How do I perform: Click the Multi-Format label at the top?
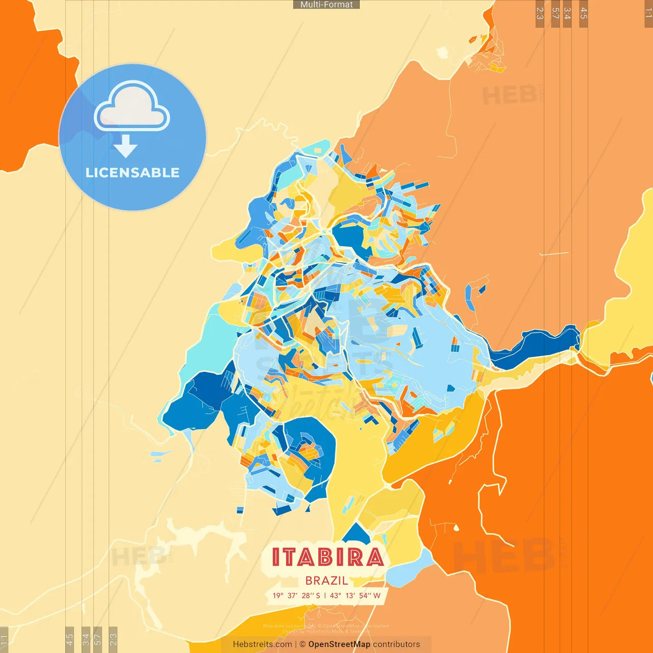point(326,5)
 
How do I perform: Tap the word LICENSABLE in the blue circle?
point(132,172)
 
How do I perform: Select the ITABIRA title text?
point(327,557)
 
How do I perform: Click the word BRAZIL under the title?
point(326,581)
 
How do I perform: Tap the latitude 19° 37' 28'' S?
point(296,595)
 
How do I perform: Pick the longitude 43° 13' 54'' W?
point(355,595)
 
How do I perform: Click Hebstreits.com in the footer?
point(262,644)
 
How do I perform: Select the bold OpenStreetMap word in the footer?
point(339,644)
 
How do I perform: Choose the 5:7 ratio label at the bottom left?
point(97,639)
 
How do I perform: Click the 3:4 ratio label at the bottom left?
point(86,639)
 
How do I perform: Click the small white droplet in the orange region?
point(456,528)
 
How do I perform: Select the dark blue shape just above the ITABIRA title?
point(356,534)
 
